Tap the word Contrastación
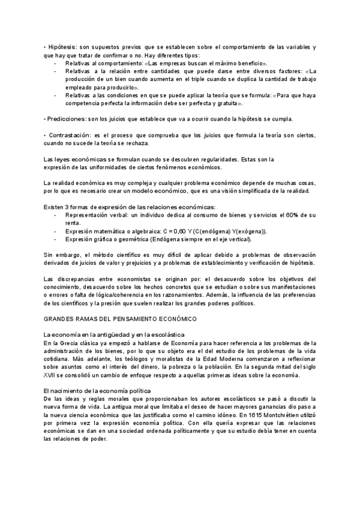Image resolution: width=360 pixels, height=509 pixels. pyautogui.click(x=68, y=135)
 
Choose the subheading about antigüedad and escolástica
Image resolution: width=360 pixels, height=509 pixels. pyautogui.click(x=114, y=334)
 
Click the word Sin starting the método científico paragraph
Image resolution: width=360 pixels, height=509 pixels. pyautogui.click(x=49, y=255)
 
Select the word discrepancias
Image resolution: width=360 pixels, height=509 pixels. pyautogui.click(x=79, y=279)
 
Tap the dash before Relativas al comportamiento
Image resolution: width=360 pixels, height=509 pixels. pyautogui.click(x=56, y=62)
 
